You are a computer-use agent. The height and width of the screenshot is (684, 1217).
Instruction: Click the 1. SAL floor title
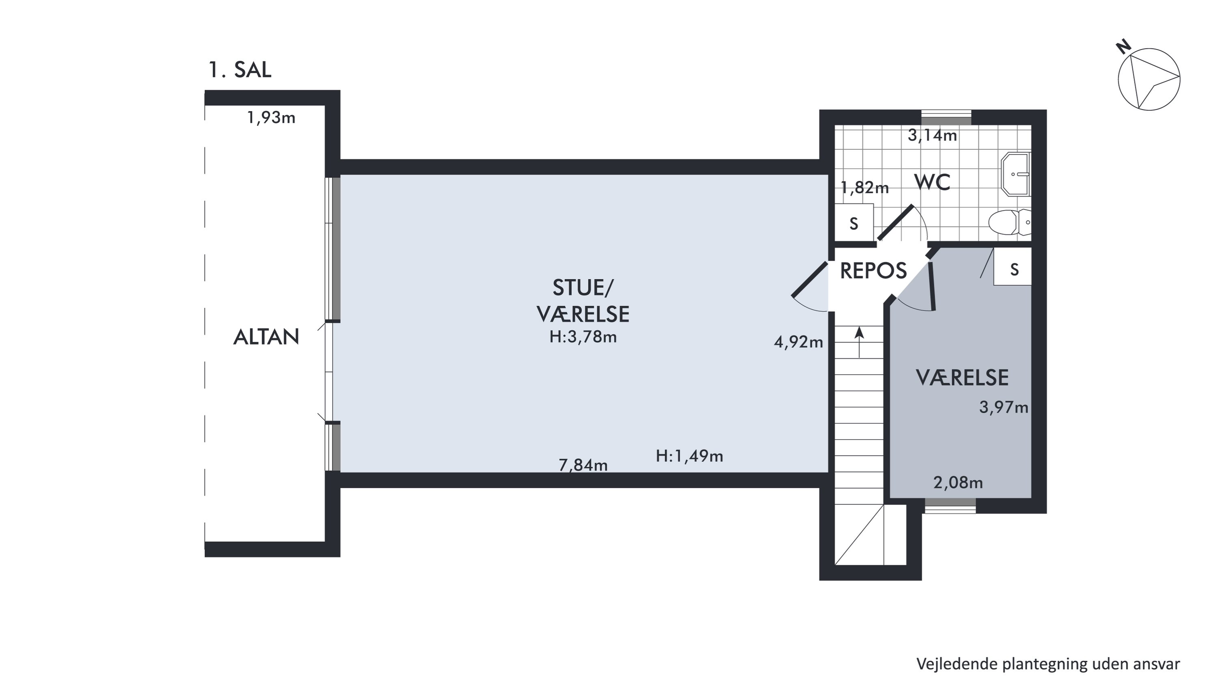[240, 70]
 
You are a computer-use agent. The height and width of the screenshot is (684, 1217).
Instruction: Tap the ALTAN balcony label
[267, 337]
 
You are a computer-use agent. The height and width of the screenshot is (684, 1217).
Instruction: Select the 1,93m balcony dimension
[271, 117]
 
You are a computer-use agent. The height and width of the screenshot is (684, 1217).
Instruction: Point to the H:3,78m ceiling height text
[583, 337]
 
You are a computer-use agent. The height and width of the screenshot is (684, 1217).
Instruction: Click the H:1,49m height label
[689, 456]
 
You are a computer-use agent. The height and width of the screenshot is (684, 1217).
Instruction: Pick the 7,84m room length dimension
[583, 466]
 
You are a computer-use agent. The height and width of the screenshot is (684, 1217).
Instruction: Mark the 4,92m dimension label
[798, 342]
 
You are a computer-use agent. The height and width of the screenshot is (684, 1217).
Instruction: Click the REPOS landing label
[873, 271]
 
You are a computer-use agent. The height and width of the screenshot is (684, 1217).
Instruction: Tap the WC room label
[933, 182]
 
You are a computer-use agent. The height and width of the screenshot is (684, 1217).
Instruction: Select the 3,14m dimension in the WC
[933, 136]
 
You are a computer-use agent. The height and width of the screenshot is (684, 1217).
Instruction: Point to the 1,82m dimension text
[864, 188]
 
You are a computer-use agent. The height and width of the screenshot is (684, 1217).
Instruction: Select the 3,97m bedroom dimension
[1004, 408]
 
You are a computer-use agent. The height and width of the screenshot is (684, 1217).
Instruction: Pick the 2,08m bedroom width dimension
[958, 483]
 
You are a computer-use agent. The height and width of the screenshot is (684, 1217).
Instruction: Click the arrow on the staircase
[859, 342]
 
